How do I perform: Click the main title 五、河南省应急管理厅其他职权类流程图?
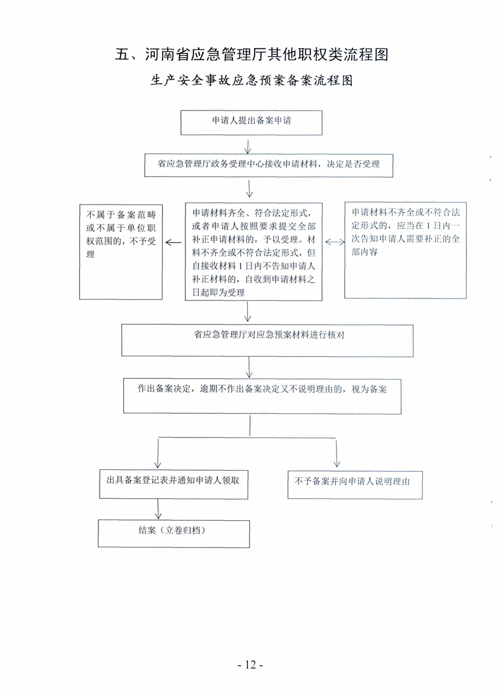(x=251, y=54)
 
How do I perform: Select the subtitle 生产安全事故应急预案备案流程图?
(x=251, y=81)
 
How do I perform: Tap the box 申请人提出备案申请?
(x=251, y=123)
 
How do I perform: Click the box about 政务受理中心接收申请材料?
(x=269, y=165)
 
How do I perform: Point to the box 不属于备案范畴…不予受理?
(x=121, y=251)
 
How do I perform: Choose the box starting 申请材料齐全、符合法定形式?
(x=253, y=251)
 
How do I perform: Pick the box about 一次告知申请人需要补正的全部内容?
(x=405, y=250)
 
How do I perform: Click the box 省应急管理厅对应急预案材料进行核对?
(x=267, y=340)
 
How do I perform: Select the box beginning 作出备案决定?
(x=262, y=396)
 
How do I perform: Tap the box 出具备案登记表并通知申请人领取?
(x=173, y=485)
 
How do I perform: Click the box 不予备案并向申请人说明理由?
(x=355, y=485)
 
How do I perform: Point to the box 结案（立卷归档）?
(x=173, y=533)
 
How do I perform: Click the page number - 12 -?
(x=251, y=664)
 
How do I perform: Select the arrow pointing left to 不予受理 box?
(x=173, y=243)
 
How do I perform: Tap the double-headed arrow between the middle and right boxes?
(x=335, y=242)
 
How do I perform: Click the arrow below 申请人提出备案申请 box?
(x=248, y=147)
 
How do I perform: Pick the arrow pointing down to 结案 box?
(x=158, y=509)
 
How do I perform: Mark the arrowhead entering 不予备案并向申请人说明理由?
(x=337, y=464)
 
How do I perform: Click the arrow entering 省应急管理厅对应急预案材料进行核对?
(x=248, y=311)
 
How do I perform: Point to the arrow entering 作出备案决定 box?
(x=250, y=367)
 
